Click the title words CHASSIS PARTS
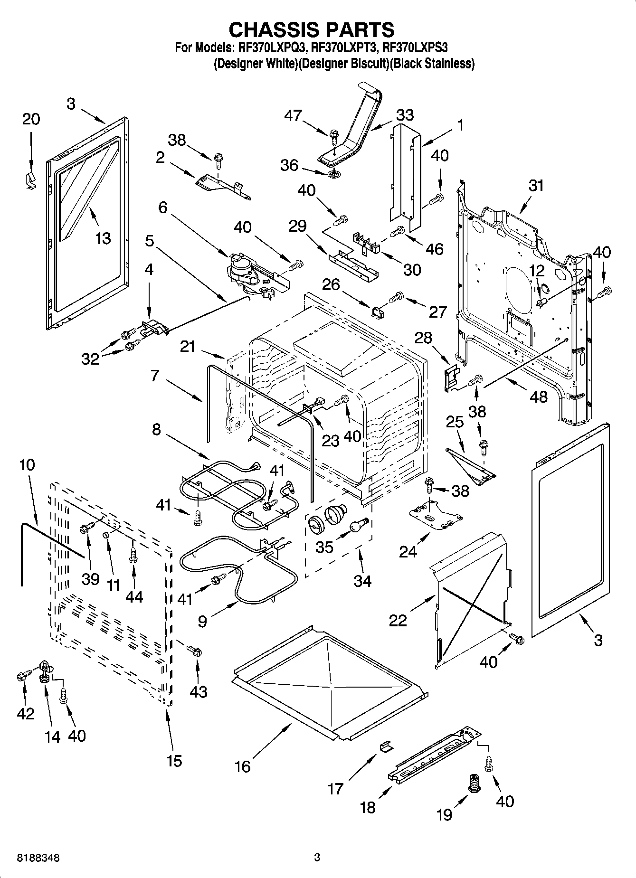tap(312, 29)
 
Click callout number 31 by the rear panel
tap(536, 185)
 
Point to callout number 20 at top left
tap(31, 119)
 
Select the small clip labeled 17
tap(386, 746)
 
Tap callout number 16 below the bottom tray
tap(243, 766)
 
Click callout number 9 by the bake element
tap(202, 622)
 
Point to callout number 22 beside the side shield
tap(398, 620)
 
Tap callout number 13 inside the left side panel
tap(103, 238)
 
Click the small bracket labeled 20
tap(30, 180)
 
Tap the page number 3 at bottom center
tap(317, 858)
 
